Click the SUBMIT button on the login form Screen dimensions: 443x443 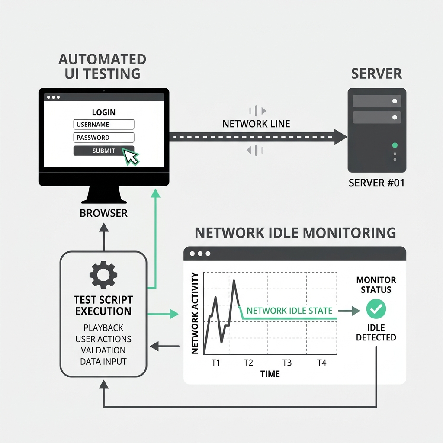pyautogui.click(x=103, y=151)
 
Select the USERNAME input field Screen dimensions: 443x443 pyautogui.click(x=104, y=125)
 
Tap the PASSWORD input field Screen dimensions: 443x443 pyautogui.click(x=104, y=138)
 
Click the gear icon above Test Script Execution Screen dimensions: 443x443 pyautogui.click(x=103, y=275)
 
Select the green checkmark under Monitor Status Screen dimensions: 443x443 pyautogui.click(x=376, y=309)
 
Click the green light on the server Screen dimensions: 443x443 pyautogui.click(x=394, y=145)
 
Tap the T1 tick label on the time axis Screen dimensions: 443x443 pyautogui.click(x=215, y=363)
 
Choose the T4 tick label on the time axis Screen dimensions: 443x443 pyautogui.click(x=321, y=363)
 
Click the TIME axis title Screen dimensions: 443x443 pyautogui.click(x=270, y=374)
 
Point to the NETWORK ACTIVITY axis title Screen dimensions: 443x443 pyautogui.click(x=195, y=313)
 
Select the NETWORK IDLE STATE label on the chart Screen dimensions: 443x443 pyautogui.click(x=289, y=311)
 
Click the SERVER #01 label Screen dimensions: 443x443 pyautogui.click(x=376, y=183)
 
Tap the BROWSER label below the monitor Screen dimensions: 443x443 pyautogui.click(x=104, y=213)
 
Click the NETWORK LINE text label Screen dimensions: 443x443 pyautogui.click(x=256, y=124)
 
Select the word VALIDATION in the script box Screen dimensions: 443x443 pyautogui.click(x=103, y=350)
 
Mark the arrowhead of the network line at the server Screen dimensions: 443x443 pyautogui.click(x=341, y=138)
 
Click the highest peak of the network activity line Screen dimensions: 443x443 pyautogui.click(x=234, y=281)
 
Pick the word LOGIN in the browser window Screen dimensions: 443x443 pyautogui.click(x=104, y=112)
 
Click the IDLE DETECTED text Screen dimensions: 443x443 pyautogui.click(x=376, y=332)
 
